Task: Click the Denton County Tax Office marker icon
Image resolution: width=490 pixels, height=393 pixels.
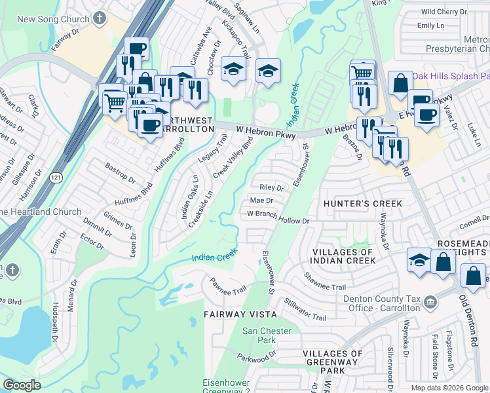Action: pos(430,302)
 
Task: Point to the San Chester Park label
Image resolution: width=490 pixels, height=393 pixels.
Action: pos(267,335)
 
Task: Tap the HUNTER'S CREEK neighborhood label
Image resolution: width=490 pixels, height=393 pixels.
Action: pos(364,204)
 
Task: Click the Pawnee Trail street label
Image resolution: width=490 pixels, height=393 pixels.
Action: pos(227,286)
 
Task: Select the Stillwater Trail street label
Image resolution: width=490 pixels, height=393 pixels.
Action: pos(305,309)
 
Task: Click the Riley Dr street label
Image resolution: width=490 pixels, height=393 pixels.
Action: pos(271,187)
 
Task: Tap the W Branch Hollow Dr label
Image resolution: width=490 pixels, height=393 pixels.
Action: pos(278,217)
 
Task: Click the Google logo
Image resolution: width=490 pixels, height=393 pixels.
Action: pos(22,385)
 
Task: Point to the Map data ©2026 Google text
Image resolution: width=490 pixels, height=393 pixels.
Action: pos(449,388)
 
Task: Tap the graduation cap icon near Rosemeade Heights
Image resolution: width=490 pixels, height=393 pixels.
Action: pos(419,260)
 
